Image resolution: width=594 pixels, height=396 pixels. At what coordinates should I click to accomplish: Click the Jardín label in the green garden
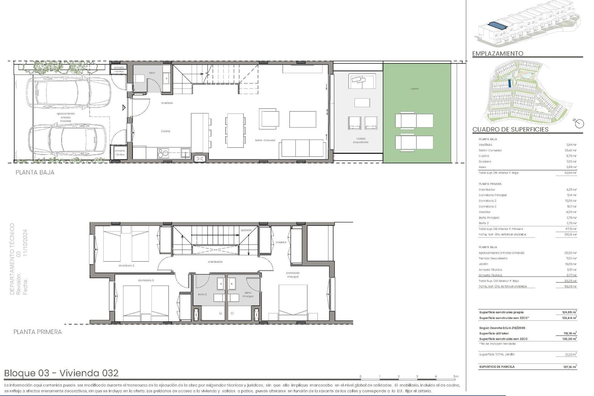click(414, 89)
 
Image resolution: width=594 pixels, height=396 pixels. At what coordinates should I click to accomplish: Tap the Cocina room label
click(166, 131)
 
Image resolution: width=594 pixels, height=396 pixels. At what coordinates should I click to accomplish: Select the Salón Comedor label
click(265, 140)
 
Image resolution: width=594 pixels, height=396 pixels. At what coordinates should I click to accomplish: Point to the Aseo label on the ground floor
click(152, 73)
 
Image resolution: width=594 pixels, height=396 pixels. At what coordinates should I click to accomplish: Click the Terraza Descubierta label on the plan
click(361, 140)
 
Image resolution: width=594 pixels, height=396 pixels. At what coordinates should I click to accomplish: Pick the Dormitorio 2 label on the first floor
click(126, 265)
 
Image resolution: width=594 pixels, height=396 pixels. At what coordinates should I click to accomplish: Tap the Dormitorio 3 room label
click(146, 280)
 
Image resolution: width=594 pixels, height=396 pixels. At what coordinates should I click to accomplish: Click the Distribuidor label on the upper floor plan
click(215, 262)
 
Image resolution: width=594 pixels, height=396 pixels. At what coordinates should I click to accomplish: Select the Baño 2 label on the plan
click(202, 294)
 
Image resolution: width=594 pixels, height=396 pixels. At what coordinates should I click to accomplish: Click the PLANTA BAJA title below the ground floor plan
click(35, 173)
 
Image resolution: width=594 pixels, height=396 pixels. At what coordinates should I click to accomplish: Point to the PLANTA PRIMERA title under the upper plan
click(37, 332)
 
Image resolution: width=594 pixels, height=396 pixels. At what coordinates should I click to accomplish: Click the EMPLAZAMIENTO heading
click(497, 54)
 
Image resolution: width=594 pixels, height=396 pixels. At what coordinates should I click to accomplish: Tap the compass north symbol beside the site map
click(579, 123)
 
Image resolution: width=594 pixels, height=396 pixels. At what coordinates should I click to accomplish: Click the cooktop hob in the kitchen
click(163, 153)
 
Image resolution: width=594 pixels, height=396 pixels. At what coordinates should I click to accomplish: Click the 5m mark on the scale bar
click(455, 377)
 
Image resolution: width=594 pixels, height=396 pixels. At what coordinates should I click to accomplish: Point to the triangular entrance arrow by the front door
click(124, 108)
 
